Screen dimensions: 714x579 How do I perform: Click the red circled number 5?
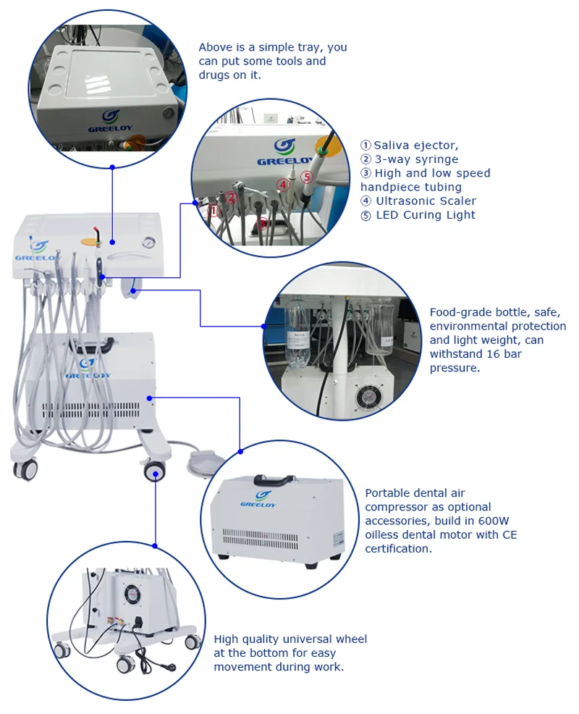(306, 177)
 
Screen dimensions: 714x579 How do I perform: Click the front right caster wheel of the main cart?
(154, 473)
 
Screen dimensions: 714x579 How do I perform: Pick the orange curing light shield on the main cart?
(92, 238)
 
